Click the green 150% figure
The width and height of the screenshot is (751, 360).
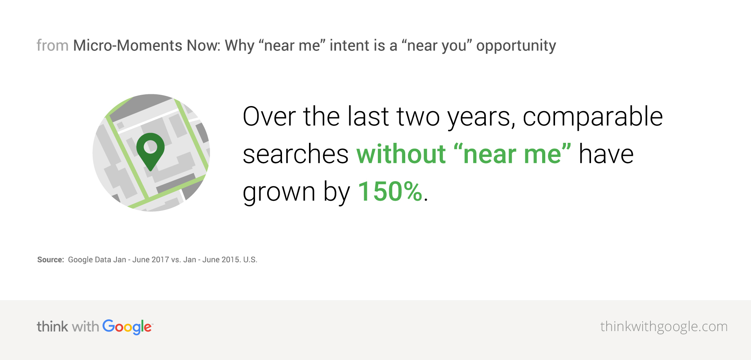[x=390, y=192]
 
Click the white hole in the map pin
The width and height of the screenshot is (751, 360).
[x=150, y=147]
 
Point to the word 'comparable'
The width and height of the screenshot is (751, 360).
[x=592, y=117]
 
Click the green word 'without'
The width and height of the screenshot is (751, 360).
[x=401, y=154]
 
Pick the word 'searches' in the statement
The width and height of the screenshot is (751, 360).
[x=295, y=154]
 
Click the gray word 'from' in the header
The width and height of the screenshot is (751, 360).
[x=52, y=46]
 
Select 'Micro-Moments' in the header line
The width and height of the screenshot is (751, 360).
[x=128, y=46]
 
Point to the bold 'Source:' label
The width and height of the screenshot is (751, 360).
[x=50, y=260]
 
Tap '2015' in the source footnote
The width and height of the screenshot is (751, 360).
[x=230, y=260]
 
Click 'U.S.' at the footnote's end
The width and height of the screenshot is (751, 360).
[x=250, y=260]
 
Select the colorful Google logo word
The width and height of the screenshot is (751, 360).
[x=127, y=327]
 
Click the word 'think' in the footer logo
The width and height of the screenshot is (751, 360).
[x=52, y=326]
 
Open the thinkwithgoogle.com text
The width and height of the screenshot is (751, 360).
[x=663, y=327]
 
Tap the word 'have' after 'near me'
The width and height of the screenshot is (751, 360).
[x=606, y=154]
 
